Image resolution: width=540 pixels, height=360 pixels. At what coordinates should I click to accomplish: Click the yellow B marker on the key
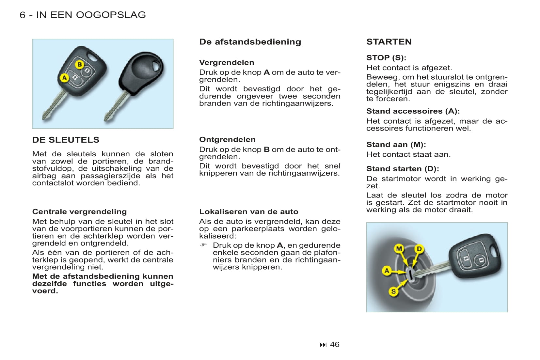[79, 64]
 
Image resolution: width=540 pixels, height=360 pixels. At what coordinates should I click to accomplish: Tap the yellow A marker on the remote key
[64, 78]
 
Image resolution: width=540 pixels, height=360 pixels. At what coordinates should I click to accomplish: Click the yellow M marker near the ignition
[399, 249]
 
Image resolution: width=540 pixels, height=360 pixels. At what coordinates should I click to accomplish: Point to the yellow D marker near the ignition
[419, 249]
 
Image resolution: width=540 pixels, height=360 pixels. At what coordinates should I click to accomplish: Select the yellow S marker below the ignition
[393, 291]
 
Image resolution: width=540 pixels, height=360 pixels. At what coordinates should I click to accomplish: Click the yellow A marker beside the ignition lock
[387, 271]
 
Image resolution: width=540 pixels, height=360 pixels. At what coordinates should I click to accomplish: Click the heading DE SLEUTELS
[66, 140]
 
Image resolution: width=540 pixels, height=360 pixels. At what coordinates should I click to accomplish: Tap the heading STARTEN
[389, 42]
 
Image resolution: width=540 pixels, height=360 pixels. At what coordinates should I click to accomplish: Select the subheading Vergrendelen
[227, 62]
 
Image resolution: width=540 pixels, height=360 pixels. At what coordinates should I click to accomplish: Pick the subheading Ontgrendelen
[227, 139]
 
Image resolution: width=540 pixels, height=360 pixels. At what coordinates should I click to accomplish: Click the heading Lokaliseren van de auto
[248, 211]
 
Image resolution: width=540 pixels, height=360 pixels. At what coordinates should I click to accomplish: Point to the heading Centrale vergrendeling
[79, 211]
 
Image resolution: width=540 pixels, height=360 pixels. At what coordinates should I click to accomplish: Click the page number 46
[335, 344]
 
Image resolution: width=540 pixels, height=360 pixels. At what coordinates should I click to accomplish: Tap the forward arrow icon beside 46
[323, 345]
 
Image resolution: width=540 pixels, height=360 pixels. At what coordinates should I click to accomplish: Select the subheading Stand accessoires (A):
[413, 111]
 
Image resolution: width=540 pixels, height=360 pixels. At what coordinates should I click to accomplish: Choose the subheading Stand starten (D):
[403, 169]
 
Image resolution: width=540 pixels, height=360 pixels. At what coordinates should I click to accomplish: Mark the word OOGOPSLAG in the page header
[111, 15]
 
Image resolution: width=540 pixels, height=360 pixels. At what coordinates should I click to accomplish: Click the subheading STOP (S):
[386, 58]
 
